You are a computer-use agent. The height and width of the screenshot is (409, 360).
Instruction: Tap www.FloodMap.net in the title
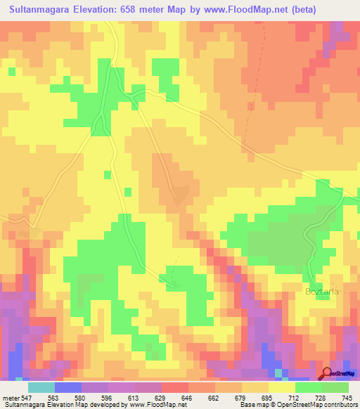pyautogui.click(x=237, y=10)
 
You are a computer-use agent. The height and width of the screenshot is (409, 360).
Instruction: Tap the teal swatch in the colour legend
pyautogui.click(x=41, y=388)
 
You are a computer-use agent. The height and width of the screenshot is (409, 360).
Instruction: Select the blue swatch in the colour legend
pyautogui.click(x=68, y=388)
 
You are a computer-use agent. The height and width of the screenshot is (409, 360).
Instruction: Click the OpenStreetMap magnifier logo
pyautogui.click(x=327, y=372)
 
